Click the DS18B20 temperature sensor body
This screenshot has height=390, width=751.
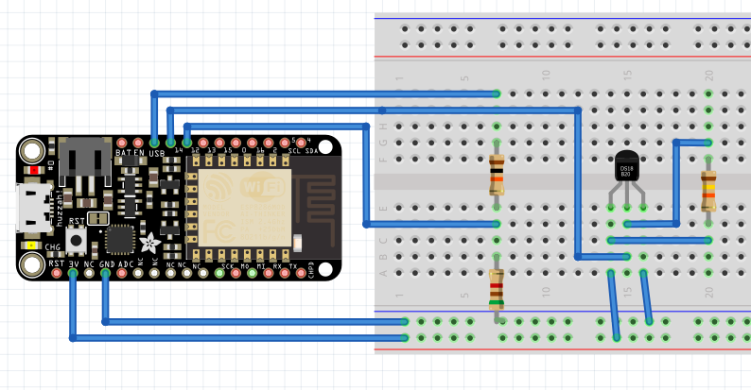click(x=626, y=168)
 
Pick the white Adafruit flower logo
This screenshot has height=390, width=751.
click(x=148, y=242)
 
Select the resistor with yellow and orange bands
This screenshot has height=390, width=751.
click(x=708, y=191)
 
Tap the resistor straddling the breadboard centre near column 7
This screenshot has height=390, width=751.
click(x=497, y=175)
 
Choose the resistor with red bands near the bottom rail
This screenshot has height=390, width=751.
click(x=497, y=289)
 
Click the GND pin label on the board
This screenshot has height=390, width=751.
click(x=106, y=265)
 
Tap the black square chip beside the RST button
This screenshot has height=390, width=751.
click(x=120, y=239)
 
